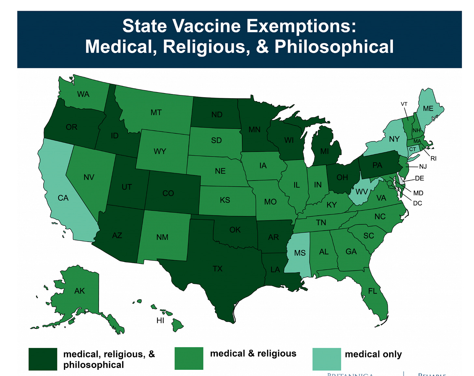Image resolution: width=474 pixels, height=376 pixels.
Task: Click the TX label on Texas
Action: click(x=217, y=269)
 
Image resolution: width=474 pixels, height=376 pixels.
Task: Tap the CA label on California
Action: click(x=63, y=198)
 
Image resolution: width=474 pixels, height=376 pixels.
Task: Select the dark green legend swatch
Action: click(x=43, y=359)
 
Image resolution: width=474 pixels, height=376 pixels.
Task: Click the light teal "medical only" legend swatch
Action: click(x=327, y=359)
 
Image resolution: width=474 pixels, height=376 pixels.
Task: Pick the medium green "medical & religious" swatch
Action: click(x=189, y=358)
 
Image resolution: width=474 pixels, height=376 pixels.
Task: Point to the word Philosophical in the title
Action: click(x=334, y=47)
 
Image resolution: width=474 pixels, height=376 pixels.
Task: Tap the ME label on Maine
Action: click(x=428, y=109)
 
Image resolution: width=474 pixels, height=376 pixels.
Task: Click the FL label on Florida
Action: click(x=372, y=291)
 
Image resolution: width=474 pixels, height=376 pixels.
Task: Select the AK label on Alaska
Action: click(x=79, y=291)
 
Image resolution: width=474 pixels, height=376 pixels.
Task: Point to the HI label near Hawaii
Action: click(x=160, y=320)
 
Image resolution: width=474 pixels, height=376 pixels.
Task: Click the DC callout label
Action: click(x=417, y=203)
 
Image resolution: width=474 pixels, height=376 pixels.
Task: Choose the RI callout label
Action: click(x=433, y=159)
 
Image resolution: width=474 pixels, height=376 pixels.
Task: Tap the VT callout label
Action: click(x=404, y=104)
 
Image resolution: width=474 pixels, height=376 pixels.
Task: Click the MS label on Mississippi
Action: click(x=300, y=253)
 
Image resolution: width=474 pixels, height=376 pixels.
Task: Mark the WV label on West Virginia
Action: click(x=361, y=192)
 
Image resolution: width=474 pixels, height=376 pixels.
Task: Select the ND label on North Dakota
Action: click(x=217, y=114)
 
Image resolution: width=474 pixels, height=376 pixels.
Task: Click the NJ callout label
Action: click(x=423, y=167)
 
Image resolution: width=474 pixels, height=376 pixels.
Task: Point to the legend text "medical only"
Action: click(x=373, y=354)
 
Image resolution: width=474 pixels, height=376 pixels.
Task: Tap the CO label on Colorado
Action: click(x=168, y=194)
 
